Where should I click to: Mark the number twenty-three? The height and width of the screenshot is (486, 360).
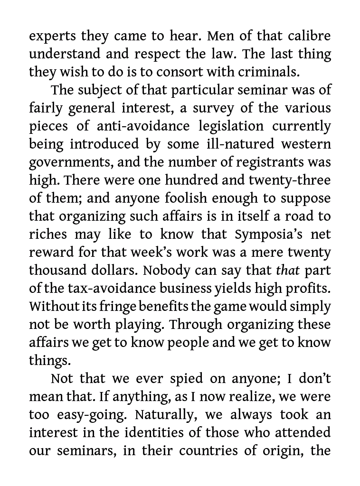pos(290,180)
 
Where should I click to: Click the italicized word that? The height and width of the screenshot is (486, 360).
pos(288,271)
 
